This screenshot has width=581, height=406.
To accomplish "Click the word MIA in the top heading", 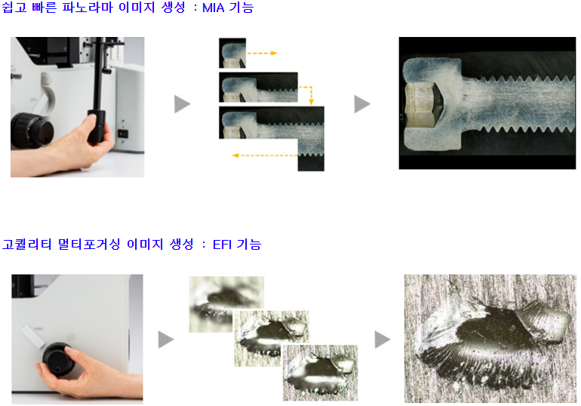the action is pos(214,8).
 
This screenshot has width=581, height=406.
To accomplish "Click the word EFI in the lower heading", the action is pos(222,245).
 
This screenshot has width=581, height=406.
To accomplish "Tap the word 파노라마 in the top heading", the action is pos(87,8).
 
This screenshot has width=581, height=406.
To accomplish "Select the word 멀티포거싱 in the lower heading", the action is pos(89,244).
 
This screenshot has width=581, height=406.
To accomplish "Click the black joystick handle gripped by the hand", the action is pos(97,127).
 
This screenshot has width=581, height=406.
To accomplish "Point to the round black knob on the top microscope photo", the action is pos(32,131).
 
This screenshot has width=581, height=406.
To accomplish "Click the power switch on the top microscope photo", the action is pos(123,134).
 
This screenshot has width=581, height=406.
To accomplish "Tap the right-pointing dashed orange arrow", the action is pos(262,53).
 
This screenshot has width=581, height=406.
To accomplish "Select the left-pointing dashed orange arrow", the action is pos(265,155).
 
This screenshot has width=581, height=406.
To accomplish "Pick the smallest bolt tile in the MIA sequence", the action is pos(232,53).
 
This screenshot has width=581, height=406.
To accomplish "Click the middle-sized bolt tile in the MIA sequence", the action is pos(258,87).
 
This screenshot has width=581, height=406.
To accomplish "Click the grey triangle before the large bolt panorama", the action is pos(362,103).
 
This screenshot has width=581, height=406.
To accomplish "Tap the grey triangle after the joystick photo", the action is pos(182,103).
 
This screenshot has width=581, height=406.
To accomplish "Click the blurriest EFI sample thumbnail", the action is pos(226,304).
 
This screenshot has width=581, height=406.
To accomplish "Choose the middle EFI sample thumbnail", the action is pos(272,338).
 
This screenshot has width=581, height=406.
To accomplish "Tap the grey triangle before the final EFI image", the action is pos(383,340).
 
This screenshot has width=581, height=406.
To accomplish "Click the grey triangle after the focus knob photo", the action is pos(166,340).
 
